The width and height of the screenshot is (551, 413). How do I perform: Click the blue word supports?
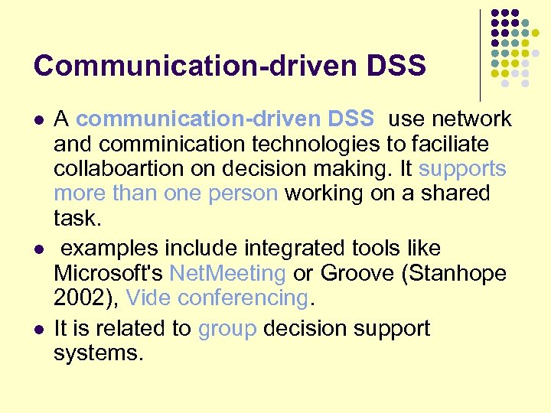coord(462,168)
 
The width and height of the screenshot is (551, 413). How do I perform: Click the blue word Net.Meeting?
coord(227,273)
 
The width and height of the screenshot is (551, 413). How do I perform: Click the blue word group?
coord(227,329)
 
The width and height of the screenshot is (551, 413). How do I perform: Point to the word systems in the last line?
coord(98,353)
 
